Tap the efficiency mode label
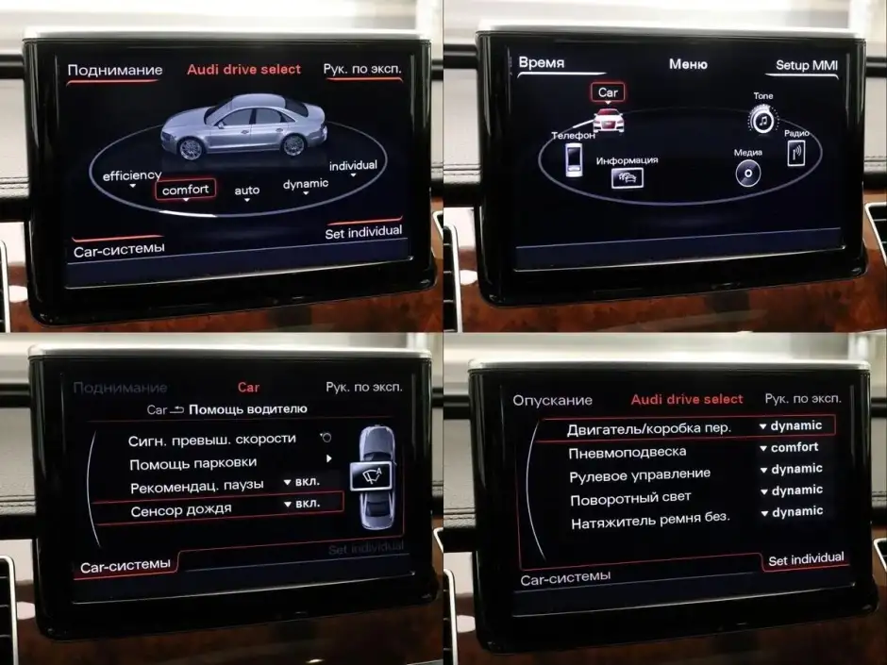132,175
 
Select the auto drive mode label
247,191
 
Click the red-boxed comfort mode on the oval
186,190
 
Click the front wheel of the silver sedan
190,147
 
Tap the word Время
542,62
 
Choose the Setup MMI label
807,65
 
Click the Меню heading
688,64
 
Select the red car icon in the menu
608,119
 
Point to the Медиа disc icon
748,173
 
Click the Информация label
627,160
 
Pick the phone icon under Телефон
574,160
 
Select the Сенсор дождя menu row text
181,510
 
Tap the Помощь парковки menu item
192,464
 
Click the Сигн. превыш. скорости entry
211,440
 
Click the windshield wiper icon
371,476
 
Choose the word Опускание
552,400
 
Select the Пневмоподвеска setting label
627,453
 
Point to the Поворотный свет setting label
630,499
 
